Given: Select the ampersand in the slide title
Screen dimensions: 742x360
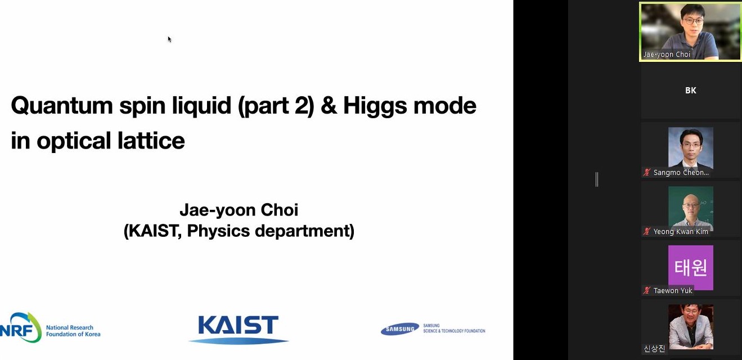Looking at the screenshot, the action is [x=329, y=106].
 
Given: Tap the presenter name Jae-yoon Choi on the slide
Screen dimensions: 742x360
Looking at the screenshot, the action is [x=239, y=210].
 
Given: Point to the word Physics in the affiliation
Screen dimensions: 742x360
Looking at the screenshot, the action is [x=218, y=231].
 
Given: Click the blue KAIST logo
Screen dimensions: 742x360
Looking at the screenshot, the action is [x=239, y=329].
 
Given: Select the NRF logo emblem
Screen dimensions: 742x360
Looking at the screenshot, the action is [x=21, y=327].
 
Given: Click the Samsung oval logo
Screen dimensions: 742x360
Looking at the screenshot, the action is [x=400, y=329].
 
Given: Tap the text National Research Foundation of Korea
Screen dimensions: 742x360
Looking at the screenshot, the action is [x=73, y=331].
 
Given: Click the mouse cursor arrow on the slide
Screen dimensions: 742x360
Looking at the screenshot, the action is [x=169, y=39].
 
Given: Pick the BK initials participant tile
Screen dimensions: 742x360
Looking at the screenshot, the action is [x=690, y=91].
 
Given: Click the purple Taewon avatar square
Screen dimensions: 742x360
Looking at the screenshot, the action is [x=691, y=268].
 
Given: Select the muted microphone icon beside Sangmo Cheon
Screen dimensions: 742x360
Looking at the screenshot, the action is [x=646, y=172].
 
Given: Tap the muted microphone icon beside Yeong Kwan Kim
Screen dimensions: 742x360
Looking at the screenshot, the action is [x=646, y=231].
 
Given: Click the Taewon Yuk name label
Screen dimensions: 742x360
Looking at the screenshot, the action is [x=673, y=290].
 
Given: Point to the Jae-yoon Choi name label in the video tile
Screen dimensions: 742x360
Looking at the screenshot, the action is [x=667, y=55].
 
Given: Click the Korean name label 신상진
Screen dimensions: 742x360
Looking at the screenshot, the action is [x=654, y=348].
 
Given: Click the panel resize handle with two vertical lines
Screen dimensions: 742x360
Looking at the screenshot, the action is [x=596, y=179].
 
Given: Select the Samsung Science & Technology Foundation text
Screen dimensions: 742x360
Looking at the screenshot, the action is [x=454, y=328].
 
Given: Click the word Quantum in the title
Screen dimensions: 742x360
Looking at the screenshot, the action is [x=62, y=106].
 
